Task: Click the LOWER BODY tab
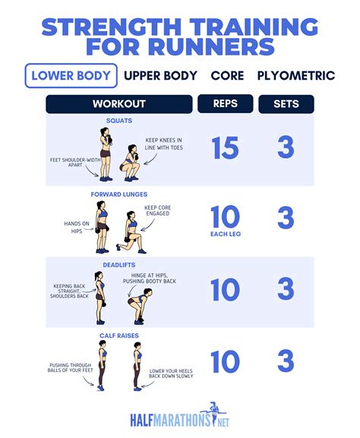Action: click(x=71, y=76)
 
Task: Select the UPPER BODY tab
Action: click(x=160, y=76)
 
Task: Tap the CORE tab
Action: click(x=227, y=76)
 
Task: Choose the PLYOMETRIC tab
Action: click(x=295, y=76)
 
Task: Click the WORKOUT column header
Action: click(x=118, y=104)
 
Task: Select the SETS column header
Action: click(x=286, y=104)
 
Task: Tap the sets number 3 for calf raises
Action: click(x=286, y=362)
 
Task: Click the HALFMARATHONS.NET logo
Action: click(x=180, y=416)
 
